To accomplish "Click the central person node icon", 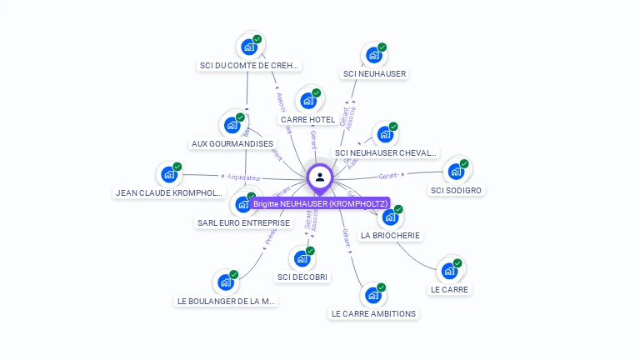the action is [320, 177].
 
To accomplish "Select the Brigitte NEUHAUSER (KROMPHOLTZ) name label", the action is [321, 203].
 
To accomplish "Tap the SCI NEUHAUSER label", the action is [374, 73].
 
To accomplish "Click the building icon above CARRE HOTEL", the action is [308, 102].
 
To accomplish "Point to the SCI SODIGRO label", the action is [456, 190].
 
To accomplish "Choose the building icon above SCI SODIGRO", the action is [456, 172].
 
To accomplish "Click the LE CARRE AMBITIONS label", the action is [373, 313].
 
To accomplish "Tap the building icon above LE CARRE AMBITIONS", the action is [372, 296].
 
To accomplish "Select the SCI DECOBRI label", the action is [302, 277].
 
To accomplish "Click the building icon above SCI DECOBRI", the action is [302, 258].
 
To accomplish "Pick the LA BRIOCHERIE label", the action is [390, 235].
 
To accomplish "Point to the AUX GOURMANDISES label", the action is [232, 143].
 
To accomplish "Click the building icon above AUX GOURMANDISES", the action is [232, 125].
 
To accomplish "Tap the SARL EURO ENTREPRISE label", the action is [243, 222].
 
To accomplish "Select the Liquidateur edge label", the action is [244, 177].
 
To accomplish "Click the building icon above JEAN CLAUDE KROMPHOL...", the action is [169, 175].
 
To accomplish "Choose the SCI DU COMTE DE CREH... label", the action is [249, 65].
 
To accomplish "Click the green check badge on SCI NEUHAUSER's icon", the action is [382, 47].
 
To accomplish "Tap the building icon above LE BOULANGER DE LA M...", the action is [225, 282].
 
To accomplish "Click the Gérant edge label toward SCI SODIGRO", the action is [389, 176].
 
